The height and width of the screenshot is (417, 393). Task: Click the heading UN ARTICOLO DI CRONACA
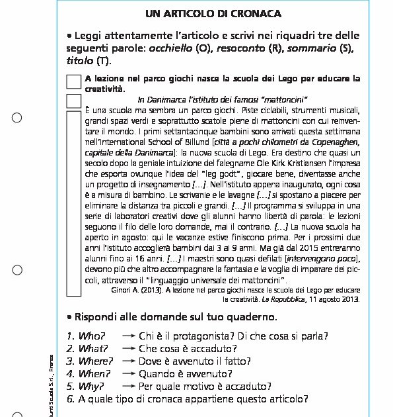(x=213, y=14)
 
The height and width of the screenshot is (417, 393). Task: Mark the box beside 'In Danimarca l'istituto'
(x=73, y=100)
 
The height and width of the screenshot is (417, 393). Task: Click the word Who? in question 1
(x=91, y=337)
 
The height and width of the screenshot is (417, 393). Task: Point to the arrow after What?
(x=129, y=349)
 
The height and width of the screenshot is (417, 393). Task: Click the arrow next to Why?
(x=129, y=387)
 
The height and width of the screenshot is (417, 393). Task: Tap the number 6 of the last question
(x=70, y=399)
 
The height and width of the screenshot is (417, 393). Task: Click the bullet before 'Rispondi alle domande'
(x=70, y=316)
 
